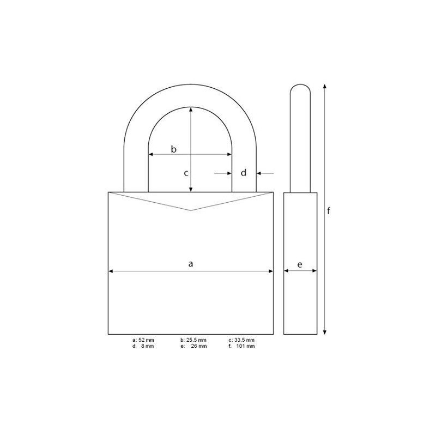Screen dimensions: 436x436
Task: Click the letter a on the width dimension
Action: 191,264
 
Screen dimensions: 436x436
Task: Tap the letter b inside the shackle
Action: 174,149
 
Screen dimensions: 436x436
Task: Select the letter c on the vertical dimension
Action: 186,173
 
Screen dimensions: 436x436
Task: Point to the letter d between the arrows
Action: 244,173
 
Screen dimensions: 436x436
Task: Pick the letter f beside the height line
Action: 329,210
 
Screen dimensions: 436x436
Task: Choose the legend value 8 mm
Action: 147,346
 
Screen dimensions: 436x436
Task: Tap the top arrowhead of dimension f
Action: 325,86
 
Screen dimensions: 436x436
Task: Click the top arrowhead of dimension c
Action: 191,109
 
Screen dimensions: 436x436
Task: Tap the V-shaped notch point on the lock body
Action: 191,210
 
